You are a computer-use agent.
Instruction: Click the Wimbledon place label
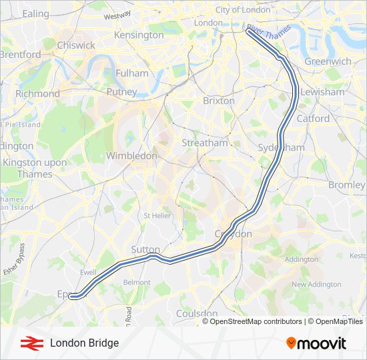(x=131, y=155)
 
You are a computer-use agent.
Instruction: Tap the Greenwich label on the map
(x=328, y=61)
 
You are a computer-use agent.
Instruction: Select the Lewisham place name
(x=322, y=92)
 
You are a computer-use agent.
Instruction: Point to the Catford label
(x=313, y=119)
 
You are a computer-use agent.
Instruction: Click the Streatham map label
(x=205, y=143)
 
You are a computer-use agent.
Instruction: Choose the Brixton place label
(x=218, y=101)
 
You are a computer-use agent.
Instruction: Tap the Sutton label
(x=145, y=249)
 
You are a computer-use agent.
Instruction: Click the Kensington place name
(x=139, y=35)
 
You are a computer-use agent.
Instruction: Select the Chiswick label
(x=75, y=45)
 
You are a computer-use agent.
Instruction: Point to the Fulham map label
(x=131, y=73)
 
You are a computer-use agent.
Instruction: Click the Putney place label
(x=121, y=92)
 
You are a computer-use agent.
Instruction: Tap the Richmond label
(x=37, y=94)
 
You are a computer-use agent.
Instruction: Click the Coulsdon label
(x=197, y=313)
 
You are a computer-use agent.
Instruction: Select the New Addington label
(x=316, y=284)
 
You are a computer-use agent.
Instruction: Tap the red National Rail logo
(x=29, y=343)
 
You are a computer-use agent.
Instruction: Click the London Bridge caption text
(x=84, y=343)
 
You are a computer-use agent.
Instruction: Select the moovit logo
(x=316, y=343)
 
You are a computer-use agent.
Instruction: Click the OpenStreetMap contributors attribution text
(x=254, y=321)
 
